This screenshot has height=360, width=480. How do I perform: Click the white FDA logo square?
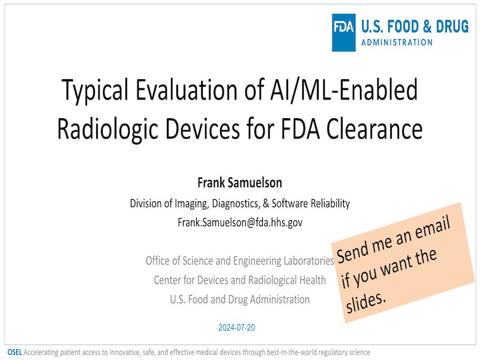click(x=343, y=32)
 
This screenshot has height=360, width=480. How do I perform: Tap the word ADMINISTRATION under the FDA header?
click(x=397, y=42)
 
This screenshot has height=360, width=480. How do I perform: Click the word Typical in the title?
click(x=95, y=91)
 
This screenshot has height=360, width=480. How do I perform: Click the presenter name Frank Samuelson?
click(x=239, y=183)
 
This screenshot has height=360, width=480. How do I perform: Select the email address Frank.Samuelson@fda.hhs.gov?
click(x=240, y=222)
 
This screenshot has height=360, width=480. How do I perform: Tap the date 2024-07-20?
click(x=236, y=328)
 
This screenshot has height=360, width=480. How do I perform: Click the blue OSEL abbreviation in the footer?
click(x=14, y=352)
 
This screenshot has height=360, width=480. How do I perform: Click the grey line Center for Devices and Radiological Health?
click(x=239, y=280)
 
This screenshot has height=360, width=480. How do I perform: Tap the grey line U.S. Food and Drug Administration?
click(x=239, y=299)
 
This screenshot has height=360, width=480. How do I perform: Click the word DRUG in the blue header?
click(x=452, y=26)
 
